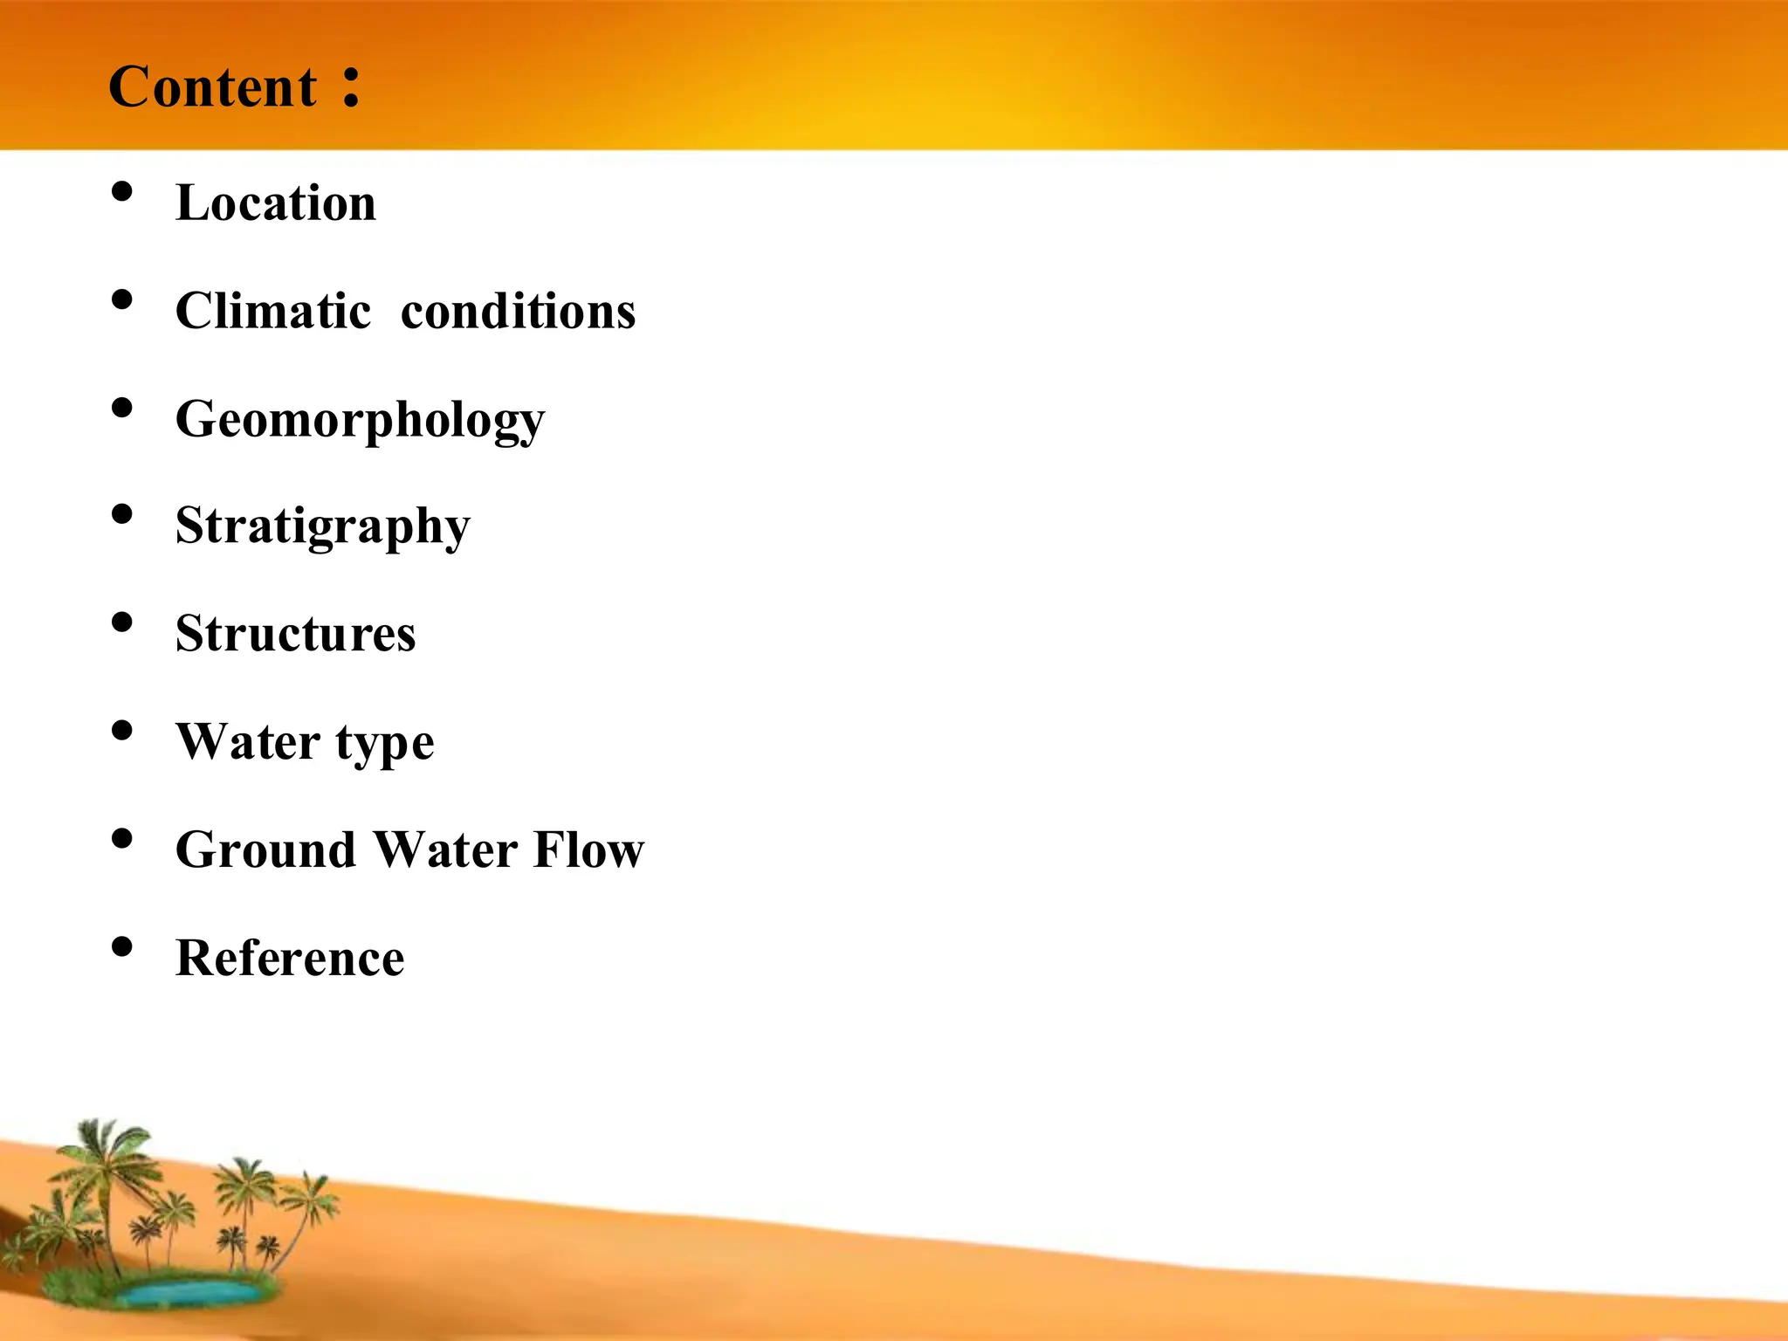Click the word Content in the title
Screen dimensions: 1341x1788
(x=212, y=87)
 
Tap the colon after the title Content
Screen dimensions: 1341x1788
(x=351, y=87)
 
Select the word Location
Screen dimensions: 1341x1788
(x=276, y=203)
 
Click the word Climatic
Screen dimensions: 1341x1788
(x=273, y=311)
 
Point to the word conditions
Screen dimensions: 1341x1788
(x=518, y=311)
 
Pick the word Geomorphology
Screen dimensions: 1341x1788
(x=360, y=421)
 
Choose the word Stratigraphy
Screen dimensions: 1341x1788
(x=322, y=527)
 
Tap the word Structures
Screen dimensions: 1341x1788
(x=295, y=634)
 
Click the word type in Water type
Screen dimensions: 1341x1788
(x=385, y=744)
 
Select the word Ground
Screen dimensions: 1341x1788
(x=265, y=849)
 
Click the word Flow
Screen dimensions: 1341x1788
(x=588, y=849)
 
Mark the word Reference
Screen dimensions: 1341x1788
(x=290, y=958)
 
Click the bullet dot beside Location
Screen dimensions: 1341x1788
(x=122, y=191)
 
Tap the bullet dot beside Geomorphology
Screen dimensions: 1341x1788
(x=122, y=407)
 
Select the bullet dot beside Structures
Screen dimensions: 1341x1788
(x=122, y=622)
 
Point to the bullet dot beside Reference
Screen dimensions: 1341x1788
(x=122, y=946)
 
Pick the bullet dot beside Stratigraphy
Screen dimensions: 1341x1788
(x=122, y=514)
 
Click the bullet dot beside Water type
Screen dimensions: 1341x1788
(x=122, y=730)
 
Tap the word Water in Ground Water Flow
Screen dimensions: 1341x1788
(x=445, y=849)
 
